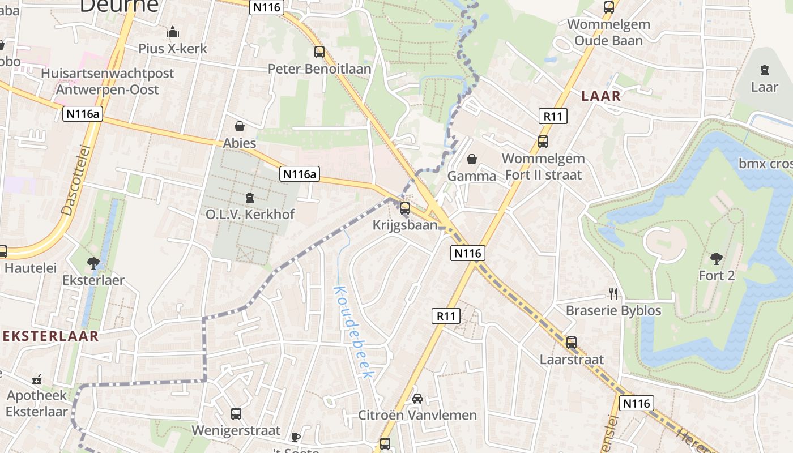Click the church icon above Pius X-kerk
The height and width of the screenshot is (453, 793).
tap(173, 32)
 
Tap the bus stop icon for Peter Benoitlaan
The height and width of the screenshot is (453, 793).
tap(319, 52)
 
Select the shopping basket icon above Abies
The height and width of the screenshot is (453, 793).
tap(240, 126)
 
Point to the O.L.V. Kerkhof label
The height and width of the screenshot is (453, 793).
tap(250, 215)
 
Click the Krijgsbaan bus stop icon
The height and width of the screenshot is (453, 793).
tap(405, 208)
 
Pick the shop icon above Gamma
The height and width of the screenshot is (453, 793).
tap(471, 159)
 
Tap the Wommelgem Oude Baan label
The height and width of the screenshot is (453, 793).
tap(608, 32)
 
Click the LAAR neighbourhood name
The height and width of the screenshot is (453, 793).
tap(601, 96)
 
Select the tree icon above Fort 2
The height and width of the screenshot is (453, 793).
tap(717, 259)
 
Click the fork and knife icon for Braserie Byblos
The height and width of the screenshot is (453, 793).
tap(613, 293)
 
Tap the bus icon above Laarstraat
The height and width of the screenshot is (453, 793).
tap(572, 342)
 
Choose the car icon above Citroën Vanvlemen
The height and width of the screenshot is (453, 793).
tap(417, 398)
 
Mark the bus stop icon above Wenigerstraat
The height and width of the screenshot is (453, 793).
tap(236, 413)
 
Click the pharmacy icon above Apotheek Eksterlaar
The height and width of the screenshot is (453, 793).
tap(37, 379)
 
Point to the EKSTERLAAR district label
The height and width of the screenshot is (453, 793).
tap(50, 336)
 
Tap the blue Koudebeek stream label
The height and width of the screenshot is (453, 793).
tap(354, 332)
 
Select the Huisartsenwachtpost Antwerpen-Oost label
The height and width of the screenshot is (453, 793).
tap(108, 81)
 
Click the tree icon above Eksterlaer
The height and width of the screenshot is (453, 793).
tap(93, 263)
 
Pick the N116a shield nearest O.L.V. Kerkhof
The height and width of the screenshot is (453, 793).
tap(299, 174)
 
